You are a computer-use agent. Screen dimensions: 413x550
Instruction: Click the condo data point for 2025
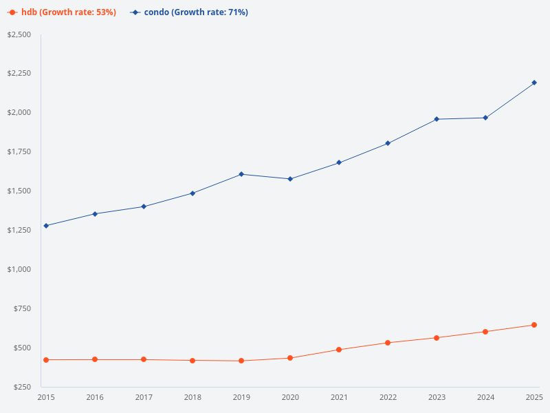(534, 83)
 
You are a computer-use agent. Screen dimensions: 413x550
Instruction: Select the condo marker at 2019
(241, 174)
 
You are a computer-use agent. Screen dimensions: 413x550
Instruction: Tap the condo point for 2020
(290, 179)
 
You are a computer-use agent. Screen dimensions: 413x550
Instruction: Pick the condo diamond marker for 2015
(46, 226)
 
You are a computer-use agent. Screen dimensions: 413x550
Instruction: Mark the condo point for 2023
(437, 119)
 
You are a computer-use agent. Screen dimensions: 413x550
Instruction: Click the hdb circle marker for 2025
(534, 325)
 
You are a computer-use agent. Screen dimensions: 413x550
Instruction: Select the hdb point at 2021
(339, 350)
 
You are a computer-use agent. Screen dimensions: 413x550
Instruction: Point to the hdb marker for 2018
(192, 361)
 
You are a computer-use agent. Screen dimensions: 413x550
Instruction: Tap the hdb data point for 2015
(46, 360)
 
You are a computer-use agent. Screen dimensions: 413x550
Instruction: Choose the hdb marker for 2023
(437, 338)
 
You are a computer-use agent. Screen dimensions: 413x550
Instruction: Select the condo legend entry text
(196, 12)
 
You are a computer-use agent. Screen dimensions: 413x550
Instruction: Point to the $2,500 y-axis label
(19, 34)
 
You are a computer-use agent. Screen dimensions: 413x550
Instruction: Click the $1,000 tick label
(19, 269)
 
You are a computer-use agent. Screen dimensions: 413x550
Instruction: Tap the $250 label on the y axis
(22, 387)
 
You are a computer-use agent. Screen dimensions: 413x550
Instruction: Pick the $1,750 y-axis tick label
(19, 152)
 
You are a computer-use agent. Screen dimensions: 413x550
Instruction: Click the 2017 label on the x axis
(144, 397)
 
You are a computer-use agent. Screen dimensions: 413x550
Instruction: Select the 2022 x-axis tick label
(388, 397)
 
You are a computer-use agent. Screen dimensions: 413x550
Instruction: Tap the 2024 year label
(485, 397)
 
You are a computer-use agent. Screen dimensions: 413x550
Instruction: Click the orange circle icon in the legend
(12, 12)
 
